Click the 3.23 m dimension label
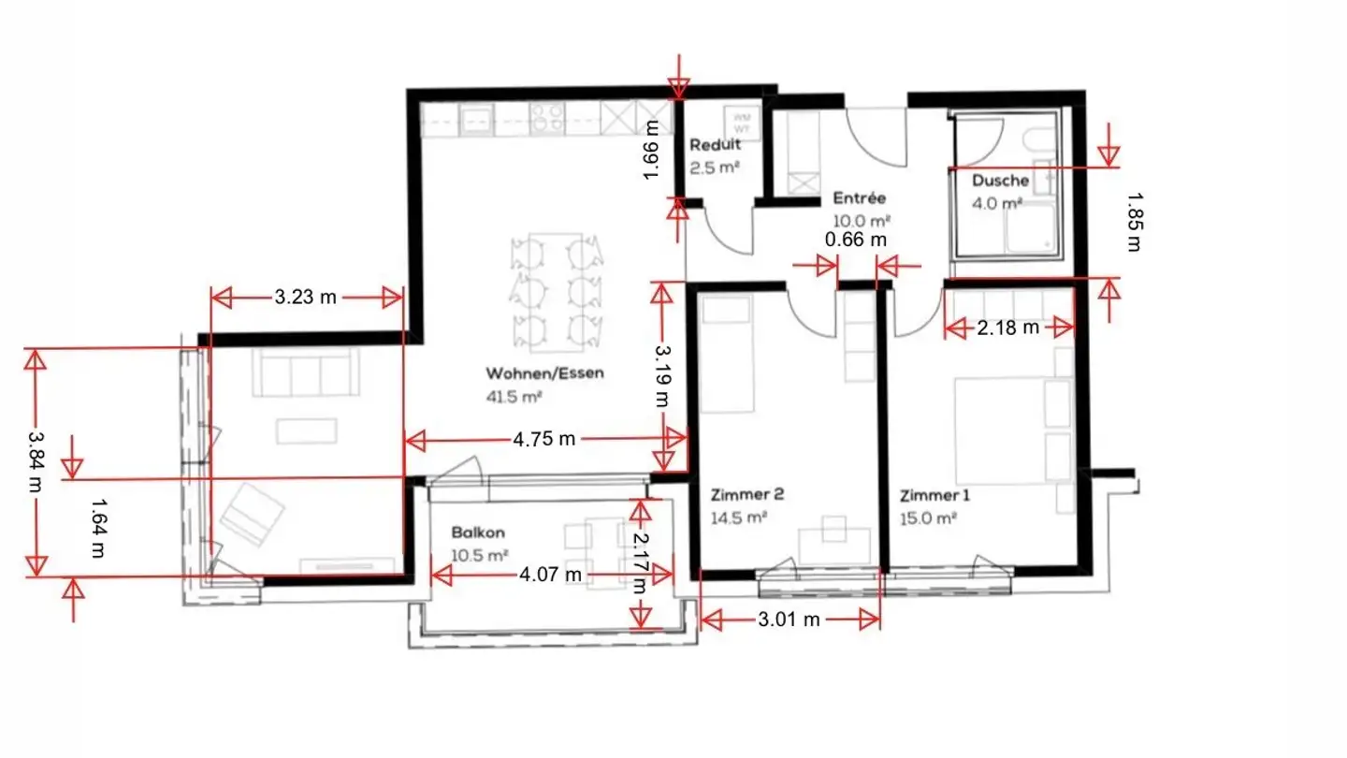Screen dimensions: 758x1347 305,299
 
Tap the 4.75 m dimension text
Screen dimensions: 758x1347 544,440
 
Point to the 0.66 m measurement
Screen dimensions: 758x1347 856,241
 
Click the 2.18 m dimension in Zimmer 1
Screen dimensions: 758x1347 1007,328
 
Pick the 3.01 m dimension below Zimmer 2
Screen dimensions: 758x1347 789,619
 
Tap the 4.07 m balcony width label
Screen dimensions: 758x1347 550,573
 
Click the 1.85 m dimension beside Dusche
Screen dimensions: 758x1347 1134,222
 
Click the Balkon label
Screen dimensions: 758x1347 478,532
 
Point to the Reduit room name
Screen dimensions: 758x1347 716,145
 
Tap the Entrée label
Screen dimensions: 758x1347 859,198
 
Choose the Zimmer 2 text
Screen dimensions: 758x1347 741,495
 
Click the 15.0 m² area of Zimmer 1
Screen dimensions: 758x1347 928,517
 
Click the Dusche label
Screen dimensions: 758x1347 1000,181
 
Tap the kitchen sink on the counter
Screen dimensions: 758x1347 475,118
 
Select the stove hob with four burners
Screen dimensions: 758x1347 545,118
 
